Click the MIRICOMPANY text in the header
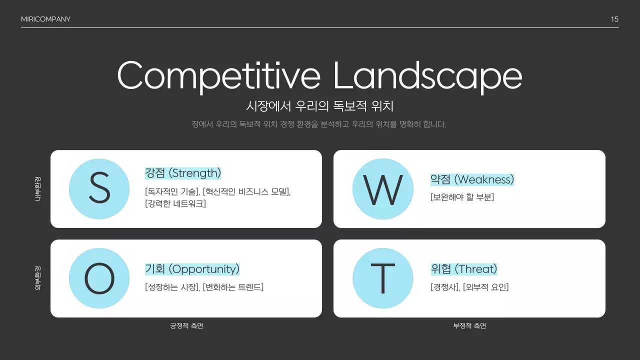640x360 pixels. coord(45,19)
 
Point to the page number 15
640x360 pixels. coord(614,19)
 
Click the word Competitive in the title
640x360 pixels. coord(219,75)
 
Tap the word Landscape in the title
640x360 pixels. coord(427,75)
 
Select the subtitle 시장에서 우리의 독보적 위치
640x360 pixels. coord(320,106)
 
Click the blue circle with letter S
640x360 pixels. coord(99,188)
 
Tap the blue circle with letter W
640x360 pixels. coord(382,188)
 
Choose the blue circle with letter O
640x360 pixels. coord(99,278)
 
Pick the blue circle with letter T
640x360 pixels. coord(382,278)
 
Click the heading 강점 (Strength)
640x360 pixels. coord(183,173)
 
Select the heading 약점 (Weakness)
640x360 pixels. coord(472,179)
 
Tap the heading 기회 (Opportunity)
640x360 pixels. coord(192,269)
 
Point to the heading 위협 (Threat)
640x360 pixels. coord(464,269)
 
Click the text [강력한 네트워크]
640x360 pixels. coord(175,203)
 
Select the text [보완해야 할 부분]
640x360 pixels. coord(462,197)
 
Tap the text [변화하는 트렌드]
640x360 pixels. coord(233,287)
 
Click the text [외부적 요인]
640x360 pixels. coord(485,287)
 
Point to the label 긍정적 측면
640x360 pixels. coord(186,326)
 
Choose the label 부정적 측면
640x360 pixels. coord(469,326)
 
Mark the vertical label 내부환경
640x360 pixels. coord(38,188)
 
